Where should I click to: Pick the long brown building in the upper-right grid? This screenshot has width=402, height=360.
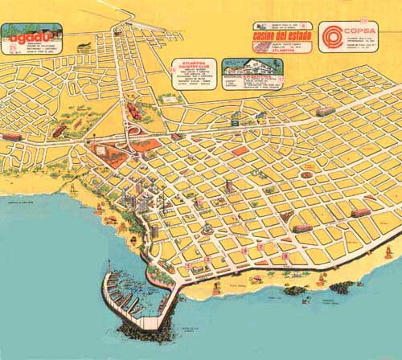325,111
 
